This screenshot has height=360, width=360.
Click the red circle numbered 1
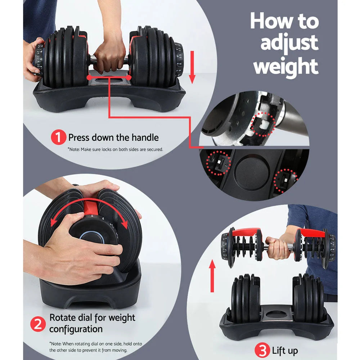(59, 138)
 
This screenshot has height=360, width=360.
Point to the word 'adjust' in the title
(289, 44)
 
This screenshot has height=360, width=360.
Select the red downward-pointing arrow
(192, 67)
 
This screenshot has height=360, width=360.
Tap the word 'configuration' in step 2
(76, 329)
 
